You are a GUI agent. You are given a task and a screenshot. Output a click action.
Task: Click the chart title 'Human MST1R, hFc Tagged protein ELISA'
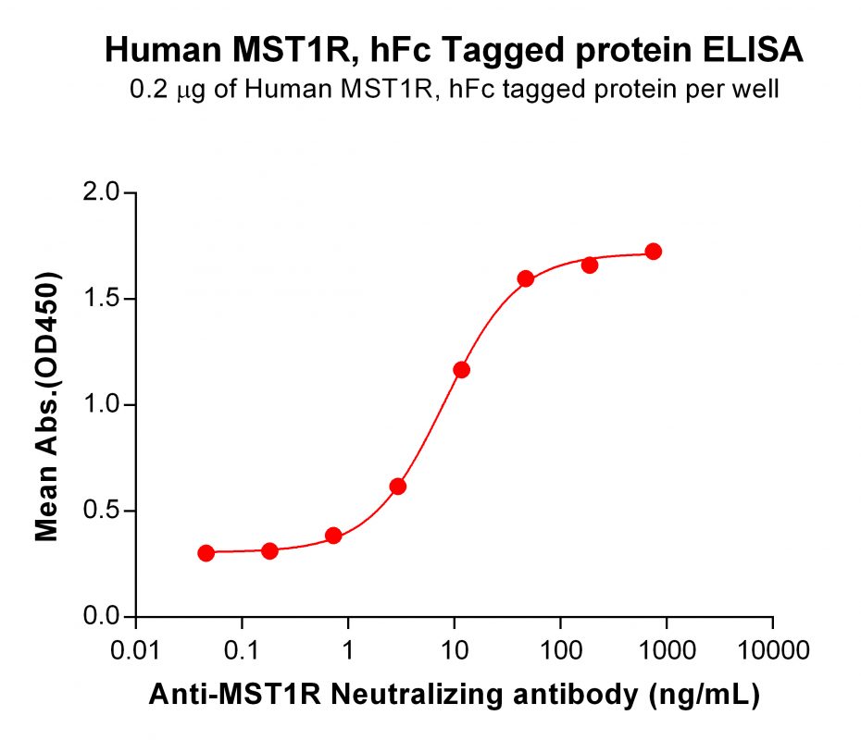[454, 50]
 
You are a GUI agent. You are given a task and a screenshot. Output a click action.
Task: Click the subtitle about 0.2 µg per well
[454, 90]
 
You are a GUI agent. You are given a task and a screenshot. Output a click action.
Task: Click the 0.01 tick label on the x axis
[136, 647]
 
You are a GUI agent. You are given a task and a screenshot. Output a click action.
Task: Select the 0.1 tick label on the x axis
[242, 647]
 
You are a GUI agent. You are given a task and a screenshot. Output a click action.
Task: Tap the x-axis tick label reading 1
[348, 647]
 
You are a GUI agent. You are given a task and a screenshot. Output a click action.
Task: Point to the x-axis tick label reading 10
[454, 647]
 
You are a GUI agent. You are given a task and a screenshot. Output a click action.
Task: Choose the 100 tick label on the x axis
[560, 647]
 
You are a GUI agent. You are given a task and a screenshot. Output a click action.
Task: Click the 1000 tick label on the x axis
[666, 647]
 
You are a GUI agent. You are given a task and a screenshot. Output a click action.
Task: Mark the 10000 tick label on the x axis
[772, 647]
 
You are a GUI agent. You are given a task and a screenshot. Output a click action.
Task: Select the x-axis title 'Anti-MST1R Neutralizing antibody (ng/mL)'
[454, 696]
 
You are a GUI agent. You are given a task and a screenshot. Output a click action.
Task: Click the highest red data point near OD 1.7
[654, 252]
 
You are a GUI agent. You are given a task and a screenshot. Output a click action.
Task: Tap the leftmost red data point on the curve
[206, 553]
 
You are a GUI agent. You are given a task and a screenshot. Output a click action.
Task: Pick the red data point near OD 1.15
[461, 370]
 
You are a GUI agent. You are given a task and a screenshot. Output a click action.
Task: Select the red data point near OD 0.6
[398, 487]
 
